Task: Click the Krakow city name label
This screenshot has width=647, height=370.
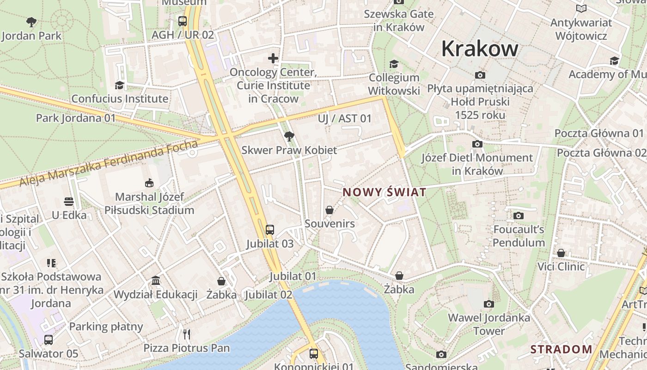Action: click(x=480, y=49)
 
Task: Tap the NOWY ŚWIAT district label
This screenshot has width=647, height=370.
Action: click(x=384, y=192)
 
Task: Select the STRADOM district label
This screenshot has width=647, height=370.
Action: click(x=561, y=349)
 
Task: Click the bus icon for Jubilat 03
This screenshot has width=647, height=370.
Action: click(x=269, y=229)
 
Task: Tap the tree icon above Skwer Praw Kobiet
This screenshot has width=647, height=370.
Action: click(x=289, y=136)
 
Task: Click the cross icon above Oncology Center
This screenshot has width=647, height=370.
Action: click(x=273, y=58)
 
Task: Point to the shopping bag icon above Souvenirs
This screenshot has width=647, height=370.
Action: click(x=330, y=210)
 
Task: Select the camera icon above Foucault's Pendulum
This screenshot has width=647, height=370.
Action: click(x=519, y=216)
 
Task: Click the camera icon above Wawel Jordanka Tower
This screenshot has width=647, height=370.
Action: click(x=488, y=304)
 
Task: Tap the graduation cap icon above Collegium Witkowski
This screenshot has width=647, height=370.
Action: click(x=394, y=64)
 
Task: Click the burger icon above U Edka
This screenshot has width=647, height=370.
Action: click(x=69, y=202)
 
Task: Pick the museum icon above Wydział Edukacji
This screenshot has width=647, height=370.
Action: click(x=156, y=281)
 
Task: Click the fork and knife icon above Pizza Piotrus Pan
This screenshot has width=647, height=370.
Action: click(x=186, y=334)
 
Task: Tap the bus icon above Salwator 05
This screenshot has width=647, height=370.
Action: click(x=49, y=340)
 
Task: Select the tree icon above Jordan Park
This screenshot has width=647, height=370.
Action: click(x=31, y=21)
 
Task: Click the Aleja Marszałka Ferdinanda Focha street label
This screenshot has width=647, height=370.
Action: click(x=109, y=164)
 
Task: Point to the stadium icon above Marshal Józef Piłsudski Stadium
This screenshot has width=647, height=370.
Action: click(x=149, y=183)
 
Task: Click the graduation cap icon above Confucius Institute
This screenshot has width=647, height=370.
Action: click(x=120, y=85)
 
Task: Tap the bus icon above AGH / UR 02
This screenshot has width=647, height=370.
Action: click(x=183, y=21)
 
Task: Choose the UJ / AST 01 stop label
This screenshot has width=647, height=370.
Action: click(x=345, y=118)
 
